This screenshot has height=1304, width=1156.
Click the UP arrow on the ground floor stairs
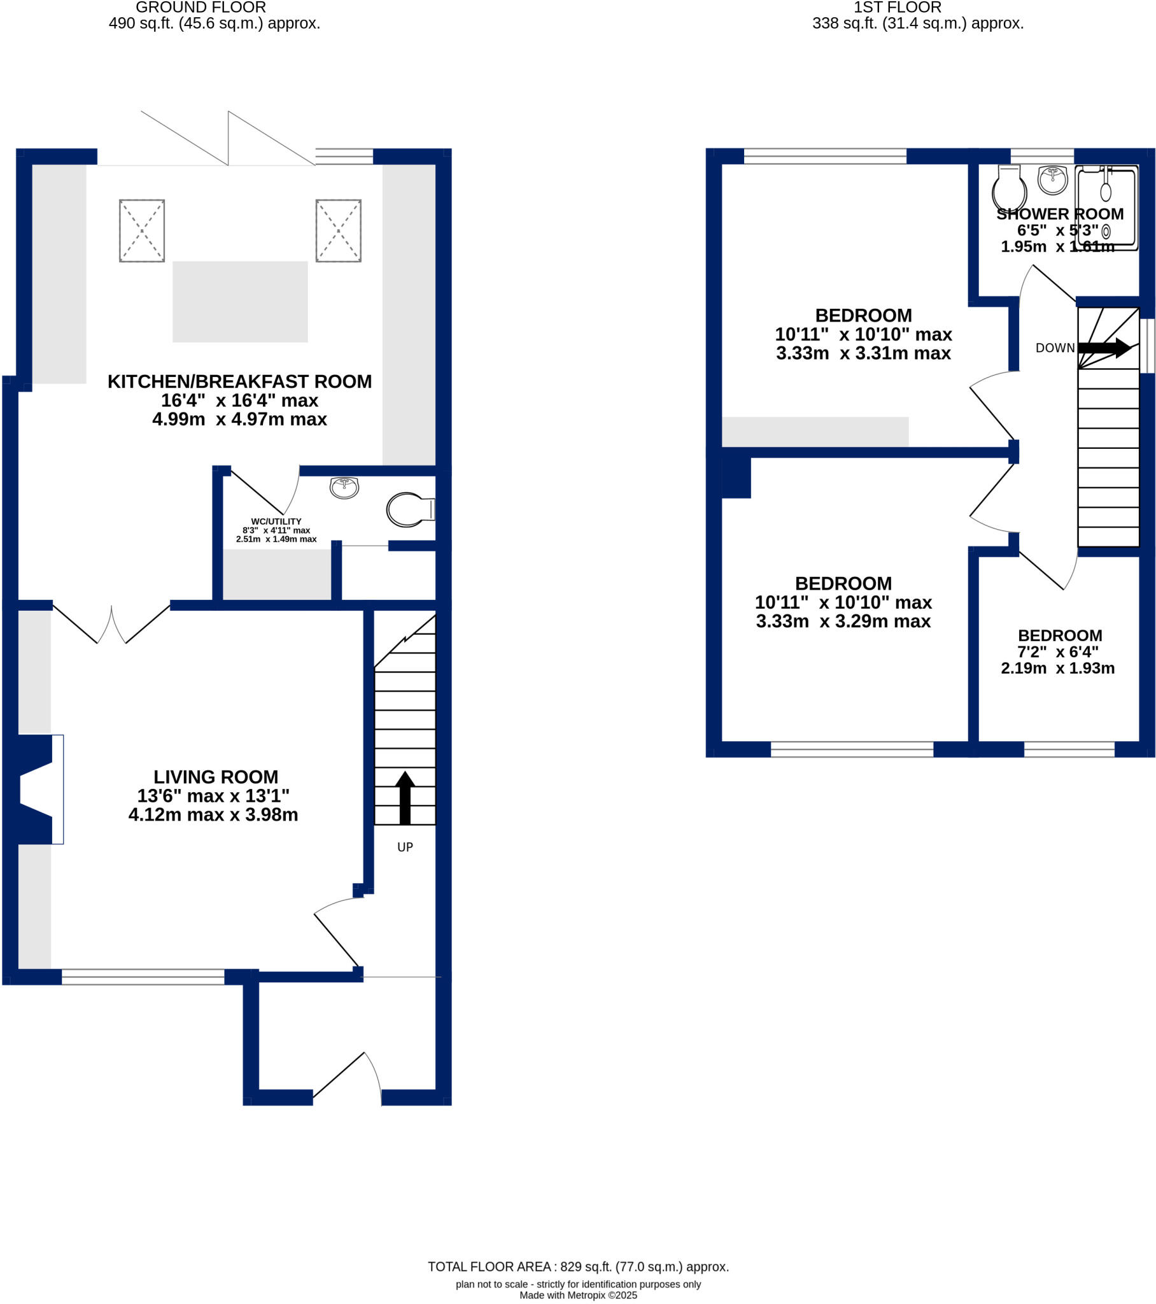404,797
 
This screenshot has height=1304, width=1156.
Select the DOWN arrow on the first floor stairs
1104,348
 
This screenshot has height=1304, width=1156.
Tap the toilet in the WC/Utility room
409,509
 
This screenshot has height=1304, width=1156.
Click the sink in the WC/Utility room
344,487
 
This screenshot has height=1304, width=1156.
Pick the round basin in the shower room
1053,180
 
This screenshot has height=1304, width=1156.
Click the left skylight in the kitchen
141,230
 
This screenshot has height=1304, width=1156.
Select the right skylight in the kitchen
338,230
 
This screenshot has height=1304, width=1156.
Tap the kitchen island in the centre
240,301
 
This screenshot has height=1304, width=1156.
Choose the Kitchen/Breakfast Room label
239,381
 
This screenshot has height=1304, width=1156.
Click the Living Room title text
216,776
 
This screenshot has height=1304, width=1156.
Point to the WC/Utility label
276,521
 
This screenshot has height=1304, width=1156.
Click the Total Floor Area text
577,1266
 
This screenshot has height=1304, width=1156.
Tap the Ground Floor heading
201,8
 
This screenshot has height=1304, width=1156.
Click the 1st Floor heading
897,8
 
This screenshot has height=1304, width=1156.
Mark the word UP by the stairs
404,847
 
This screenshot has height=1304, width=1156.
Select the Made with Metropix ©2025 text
577,1295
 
